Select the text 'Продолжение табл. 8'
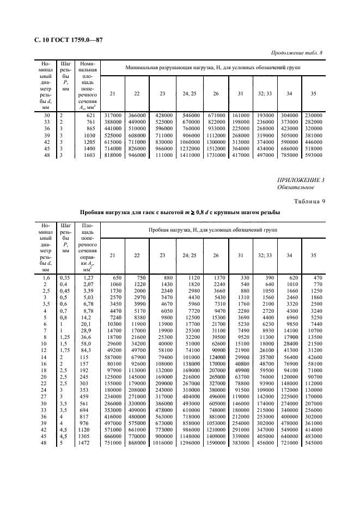click(296, 53)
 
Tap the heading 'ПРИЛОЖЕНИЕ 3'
click(301, 180)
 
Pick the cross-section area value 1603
click(89, 155)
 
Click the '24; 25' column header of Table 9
click(190, 254)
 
